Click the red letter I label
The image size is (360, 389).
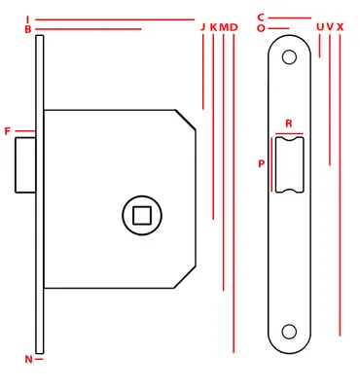click(x=28, y=19)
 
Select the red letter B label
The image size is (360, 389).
click(x=28, y=29)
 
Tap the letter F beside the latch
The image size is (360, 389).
click(x=8, y=131)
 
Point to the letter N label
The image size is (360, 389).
click(x=29, y=359)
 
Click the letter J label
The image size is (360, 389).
click(x=203, y=27)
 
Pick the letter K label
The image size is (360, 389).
click(x=213, y=27)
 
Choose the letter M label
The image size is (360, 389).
click(x=224, y=27)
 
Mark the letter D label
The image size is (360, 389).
click(x=234, y=27)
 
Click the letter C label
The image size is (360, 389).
click(x=261, y=18)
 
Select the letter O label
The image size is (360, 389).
click(x=261, y=28)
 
